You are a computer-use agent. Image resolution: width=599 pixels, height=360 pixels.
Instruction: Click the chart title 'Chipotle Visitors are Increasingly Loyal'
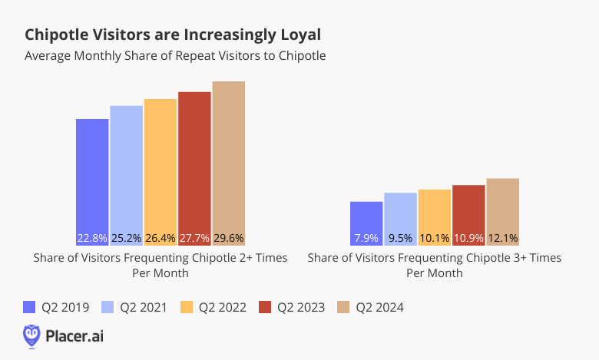coord(173,35)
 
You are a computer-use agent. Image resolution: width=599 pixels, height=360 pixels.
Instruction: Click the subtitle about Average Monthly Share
coord(175,56)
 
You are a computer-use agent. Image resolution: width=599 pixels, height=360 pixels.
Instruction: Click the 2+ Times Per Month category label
coord(161,266)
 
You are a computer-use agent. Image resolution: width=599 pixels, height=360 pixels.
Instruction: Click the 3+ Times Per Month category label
coord(435,266)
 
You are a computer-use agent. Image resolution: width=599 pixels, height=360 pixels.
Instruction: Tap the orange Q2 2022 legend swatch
coord(187,307)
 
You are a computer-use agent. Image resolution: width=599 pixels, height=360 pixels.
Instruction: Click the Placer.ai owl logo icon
coord(31,335)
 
